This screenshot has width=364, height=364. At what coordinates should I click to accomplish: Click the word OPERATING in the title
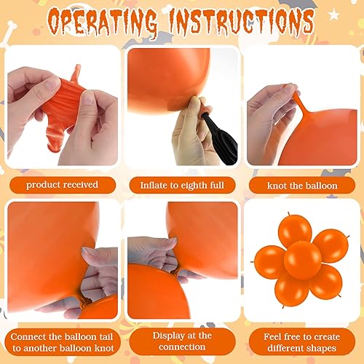pyautogui.click(x=102, y=21)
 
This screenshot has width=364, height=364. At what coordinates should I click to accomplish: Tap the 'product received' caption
pyautogui.click(x=61, y=184)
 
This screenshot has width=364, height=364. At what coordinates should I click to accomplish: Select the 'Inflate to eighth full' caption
pyautogui.click(x=181, y=185)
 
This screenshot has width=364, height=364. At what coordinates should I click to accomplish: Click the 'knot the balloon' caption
pyautogui.click(x=302, y=185)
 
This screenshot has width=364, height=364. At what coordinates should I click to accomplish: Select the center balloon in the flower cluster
pyautogui.click(x=302, y=260)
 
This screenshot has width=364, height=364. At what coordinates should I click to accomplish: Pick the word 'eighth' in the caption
pyautogui.click(x=191, y=185)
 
